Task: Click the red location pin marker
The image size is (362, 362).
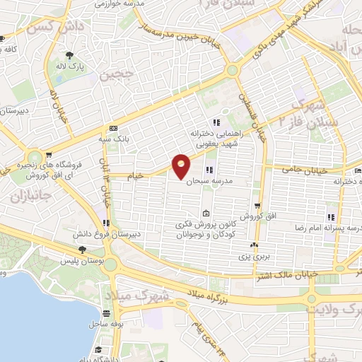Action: pyautogui.click(x=181, y=165)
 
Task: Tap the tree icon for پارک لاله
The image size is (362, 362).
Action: pyautogui.click(x=69, y=54)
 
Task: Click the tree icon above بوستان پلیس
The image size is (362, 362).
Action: pyautogui.click(x=82, y=250)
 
